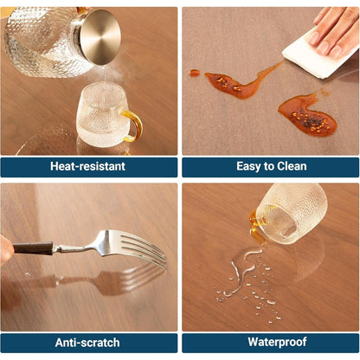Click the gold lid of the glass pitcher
[100, 37]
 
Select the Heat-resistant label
[87, 166]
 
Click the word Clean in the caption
[292, 166]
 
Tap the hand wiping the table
[335, 30]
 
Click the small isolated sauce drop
[194, 73]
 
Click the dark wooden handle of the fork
[33, 248]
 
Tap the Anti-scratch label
[87, 343]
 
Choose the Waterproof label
[277, 342]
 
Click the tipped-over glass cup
[288, 214]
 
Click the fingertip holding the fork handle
[6, 249]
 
